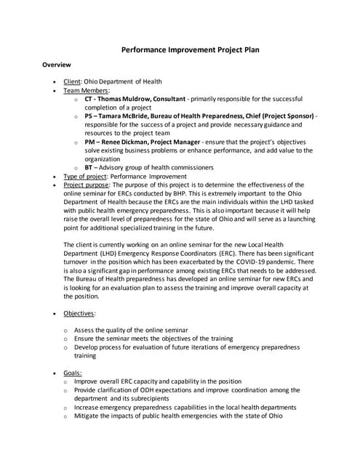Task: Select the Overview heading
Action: coord(55,65)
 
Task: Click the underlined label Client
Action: coord(73,81)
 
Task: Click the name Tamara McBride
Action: coord(128,116)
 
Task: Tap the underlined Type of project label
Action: coord(87,177)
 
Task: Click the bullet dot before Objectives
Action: coord(57,314)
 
